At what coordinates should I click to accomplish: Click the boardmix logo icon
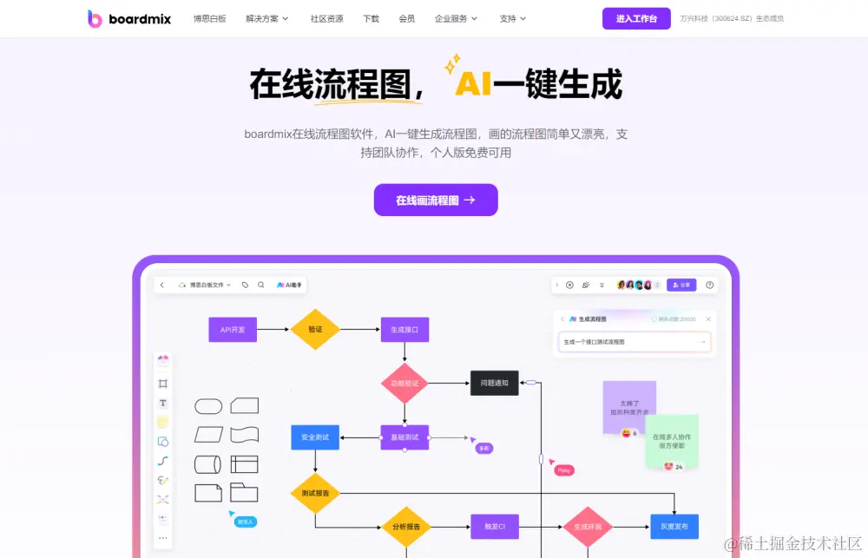(95, 18)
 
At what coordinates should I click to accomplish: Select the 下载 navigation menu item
(371, 18)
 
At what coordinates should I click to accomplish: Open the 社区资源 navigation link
(326, 18)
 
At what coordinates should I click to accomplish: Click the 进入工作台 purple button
(636, 18)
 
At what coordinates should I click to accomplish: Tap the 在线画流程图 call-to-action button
(436, 200)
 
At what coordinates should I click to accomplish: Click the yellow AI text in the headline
(473, 84)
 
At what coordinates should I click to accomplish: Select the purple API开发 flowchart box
(233, 330)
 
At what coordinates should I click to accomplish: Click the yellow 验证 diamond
(315, 330)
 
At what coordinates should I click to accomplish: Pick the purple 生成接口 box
(404, 330)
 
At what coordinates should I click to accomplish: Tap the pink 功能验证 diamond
(404, 383)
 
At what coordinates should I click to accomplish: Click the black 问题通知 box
(495, 383)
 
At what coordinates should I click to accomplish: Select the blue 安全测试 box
(314, 437)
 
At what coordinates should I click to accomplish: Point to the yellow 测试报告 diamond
(314, 493)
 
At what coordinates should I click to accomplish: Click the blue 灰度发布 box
(674, 526)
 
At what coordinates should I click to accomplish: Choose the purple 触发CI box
(495, 526)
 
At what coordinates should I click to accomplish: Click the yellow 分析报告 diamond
(405, 527)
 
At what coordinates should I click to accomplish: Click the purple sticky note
(629, 405)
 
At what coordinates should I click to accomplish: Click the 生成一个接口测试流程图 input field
(634, 342)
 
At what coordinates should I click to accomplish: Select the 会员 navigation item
(406, 18)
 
